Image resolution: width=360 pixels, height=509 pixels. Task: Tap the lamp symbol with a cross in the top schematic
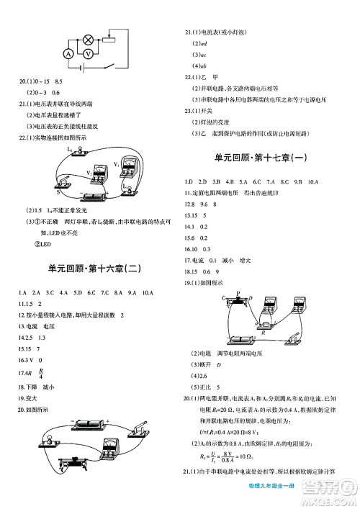89,35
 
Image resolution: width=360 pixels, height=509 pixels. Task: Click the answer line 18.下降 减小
29,387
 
